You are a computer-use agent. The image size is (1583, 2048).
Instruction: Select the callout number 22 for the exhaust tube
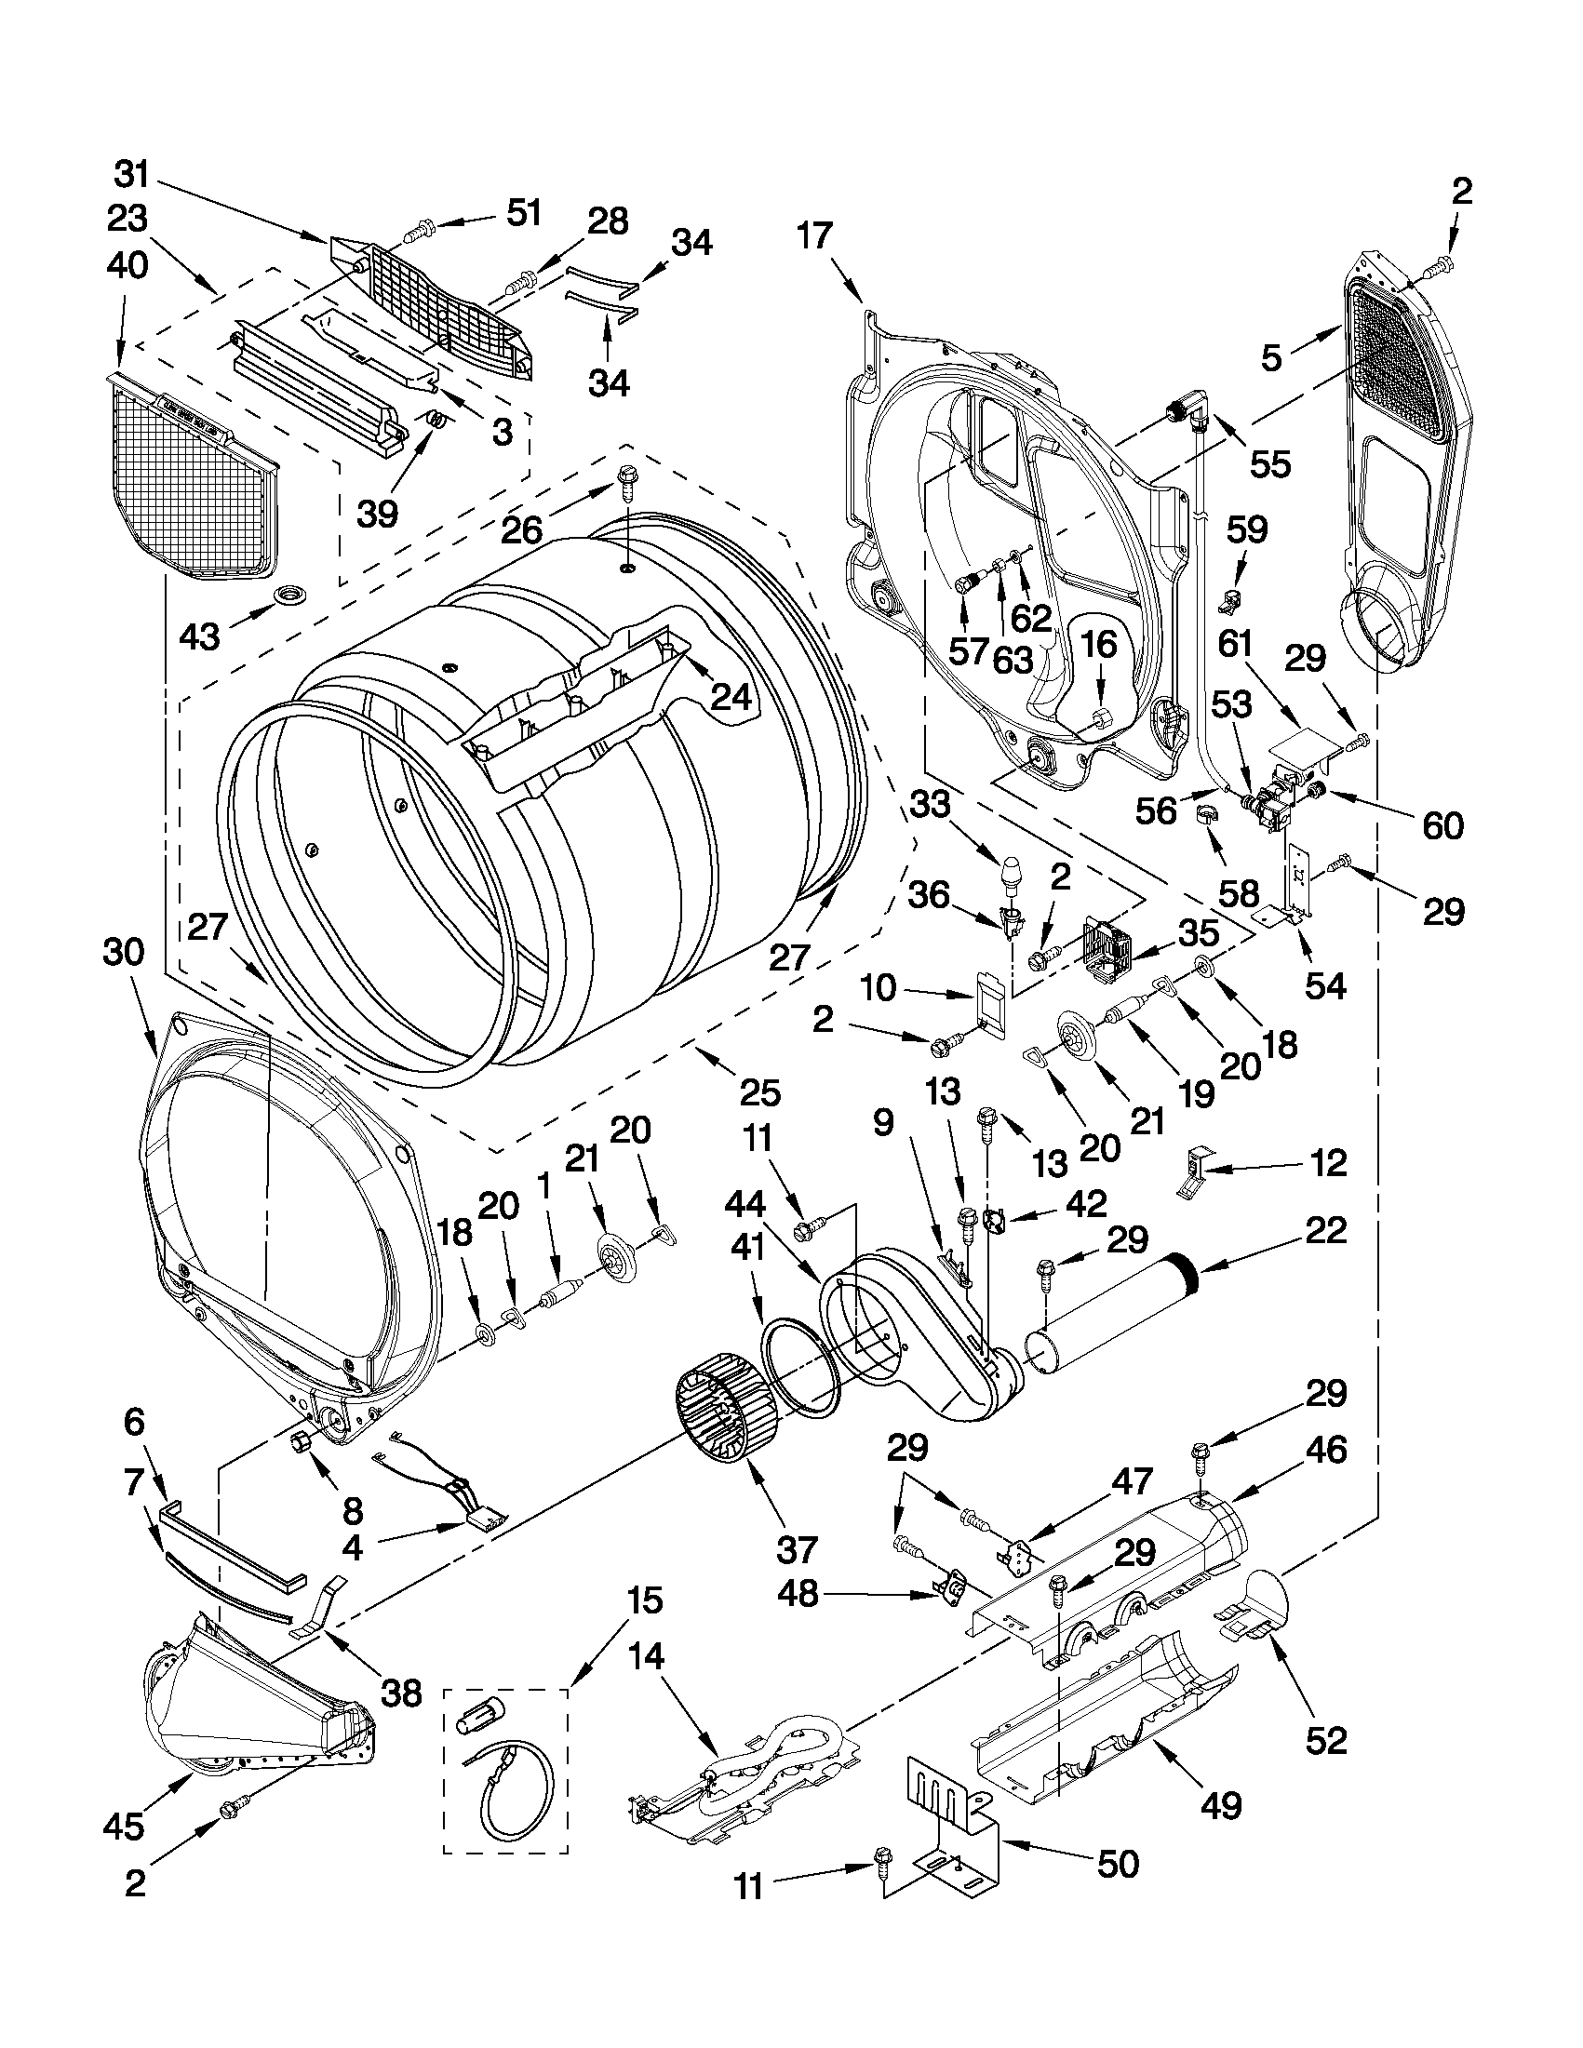(1321, 1229)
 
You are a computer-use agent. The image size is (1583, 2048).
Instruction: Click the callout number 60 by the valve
(1442, 825)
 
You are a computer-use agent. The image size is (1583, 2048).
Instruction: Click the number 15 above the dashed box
(644, 1600)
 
